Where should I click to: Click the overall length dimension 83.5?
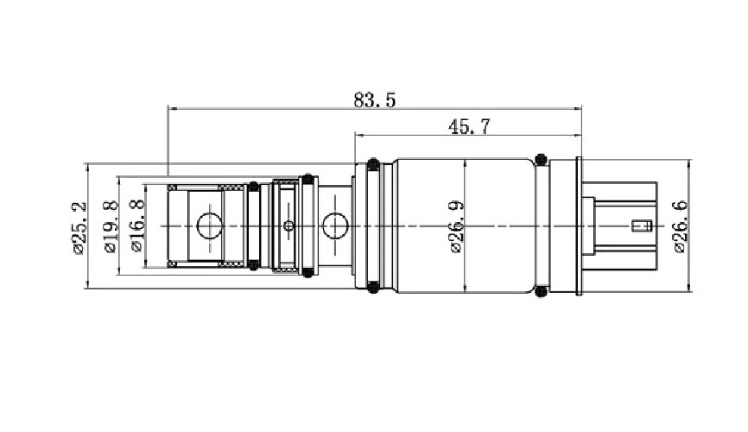(x=374, y=100)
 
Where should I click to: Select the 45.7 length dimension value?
(x=469, y=127)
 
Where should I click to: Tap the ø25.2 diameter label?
(x=78, y=227)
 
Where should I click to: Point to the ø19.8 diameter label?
(x=109, y=226)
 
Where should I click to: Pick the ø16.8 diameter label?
(x=136, y=226)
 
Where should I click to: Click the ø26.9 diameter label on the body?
(x=456, y=226)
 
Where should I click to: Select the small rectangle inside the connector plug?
(x=640, y=226)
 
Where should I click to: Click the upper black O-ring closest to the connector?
(x=542, y=160)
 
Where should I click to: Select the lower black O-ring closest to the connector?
(x=542, y=292)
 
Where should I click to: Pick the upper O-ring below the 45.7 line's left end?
(x=372, y=163)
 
